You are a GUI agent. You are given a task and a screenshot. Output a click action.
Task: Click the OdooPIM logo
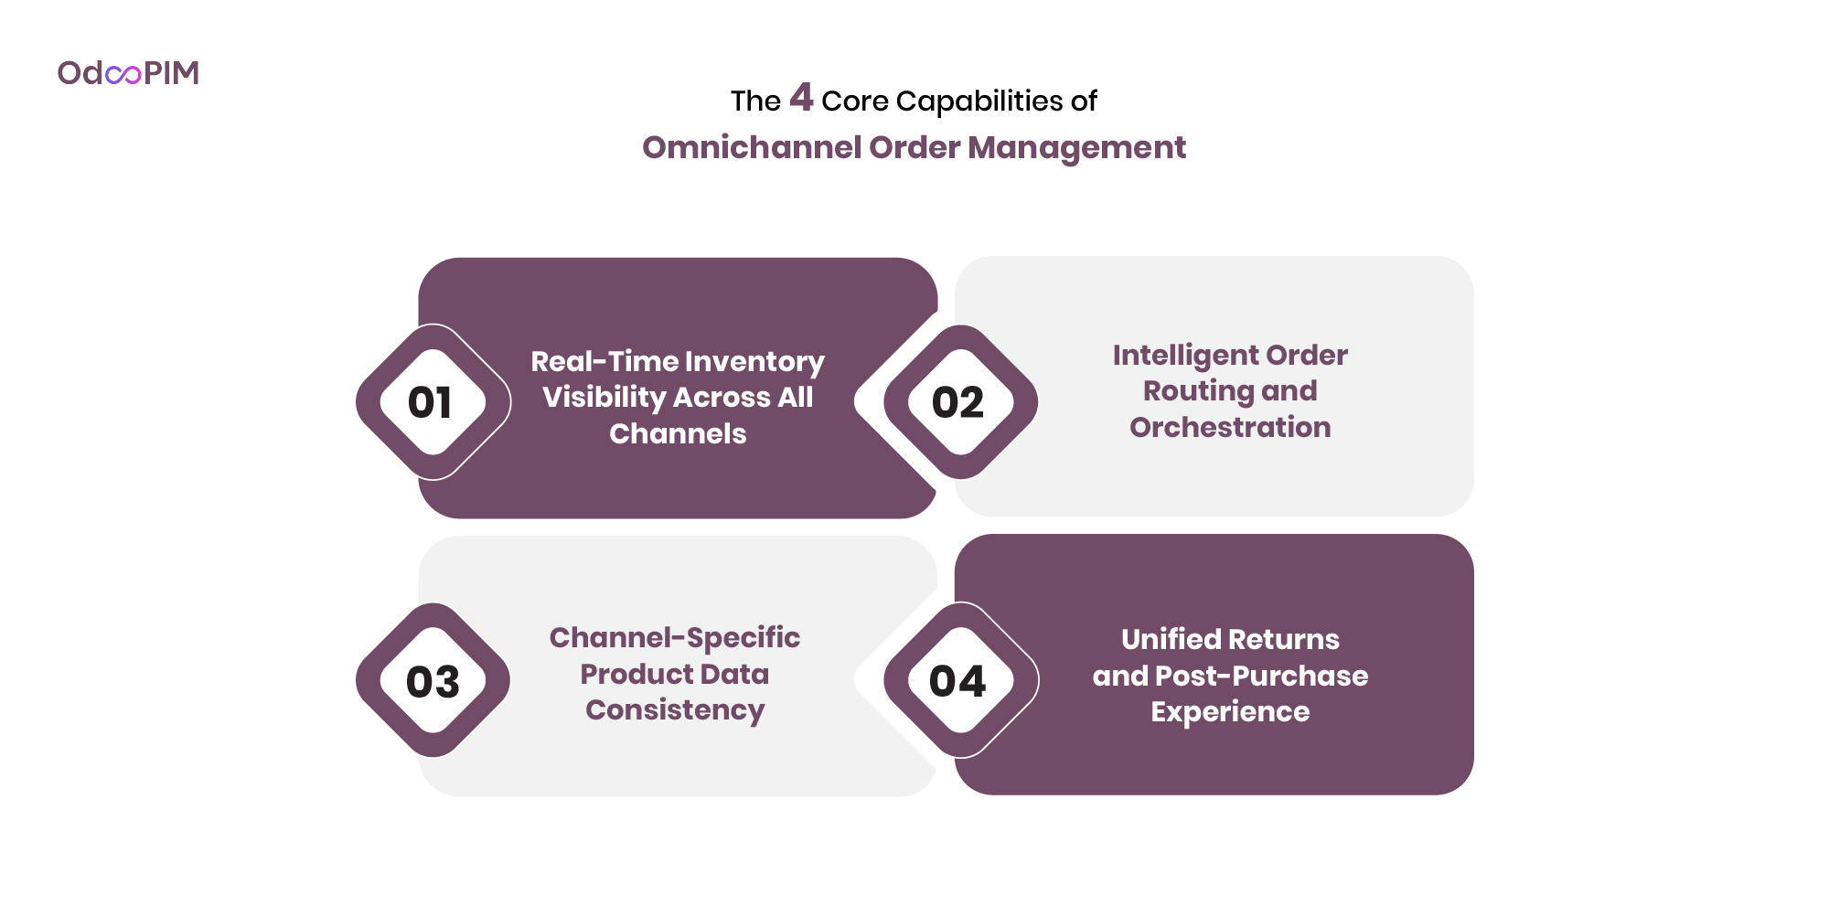point(128,73)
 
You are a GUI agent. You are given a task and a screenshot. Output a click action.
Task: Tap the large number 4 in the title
point(801,97)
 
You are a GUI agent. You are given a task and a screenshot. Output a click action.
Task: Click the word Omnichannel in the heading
point(752,147)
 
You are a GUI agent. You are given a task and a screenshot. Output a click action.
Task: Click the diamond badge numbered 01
point(433,402)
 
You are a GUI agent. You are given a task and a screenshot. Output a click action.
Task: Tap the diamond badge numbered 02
point(959,402)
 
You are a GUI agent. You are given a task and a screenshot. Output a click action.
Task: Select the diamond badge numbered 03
point(433,681)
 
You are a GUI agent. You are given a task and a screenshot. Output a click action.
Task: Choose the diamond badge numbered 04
point(959,681)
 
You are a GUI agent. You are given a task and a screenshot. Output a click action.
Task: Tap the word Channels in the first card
point(678,433)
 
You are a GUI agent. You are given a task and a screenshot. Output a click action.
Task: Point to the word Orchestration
point(1230,427)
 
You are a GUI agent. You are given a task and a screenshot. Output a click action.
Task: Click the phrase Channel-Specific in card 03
point(675,637)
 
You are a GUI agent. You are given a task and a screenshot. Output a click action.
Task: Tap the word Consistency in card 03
point(675,710)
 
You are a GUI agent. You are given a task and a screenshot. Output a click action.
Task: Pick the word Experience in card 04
point(1230,712)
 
